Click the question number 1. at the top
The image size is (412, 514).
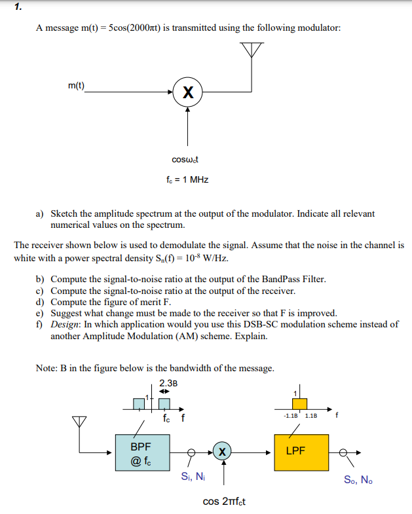[x=18, y=9]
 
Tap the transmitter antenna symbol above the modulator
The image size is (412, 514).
[x=252, y=50]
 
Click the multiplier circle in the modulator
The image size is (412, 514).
[x=188, y=93]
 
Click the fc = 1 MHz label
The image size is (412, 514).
[x=187, y=179]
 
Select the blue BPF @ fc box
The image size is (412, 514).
[x=141, y=451]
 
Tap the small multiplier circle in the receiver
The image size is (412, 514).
[x=223, y=451]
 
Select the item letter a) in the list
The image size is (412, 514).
[x=40, y=213]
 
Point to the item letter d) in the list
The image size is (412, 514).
[x=40, y=302]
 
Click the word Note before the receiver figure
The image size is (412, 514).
[x=47, y=368]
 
